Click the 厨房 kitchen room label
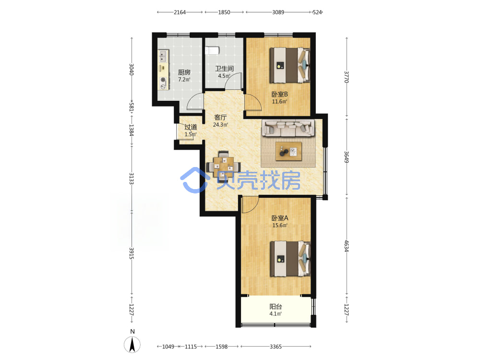(x=184, y=72)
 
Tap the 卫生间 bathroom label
(x=224, y=69)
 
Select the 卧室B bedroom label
(x=280, y=94)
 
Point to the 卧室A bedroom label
(x=280, y=218)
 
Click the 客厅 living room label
(x=220, y=117)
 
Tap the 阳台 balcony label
(x=276, y=306)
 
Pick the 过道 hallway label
(x=191, y=127)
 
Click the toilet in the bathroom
(x=212, y=50)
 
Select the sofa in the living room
(x=288, y=128)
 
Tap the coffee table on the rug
(x=288, y=151)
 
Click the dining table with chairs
(x=224, y=166)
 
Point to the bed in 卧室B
(x=290, y=65)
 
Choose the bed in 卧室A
(x=290, y=259)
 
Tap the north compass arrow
(x=132, y=344)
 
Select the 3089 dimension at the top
(x=278, y=12)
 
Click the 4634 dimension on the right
(x=347, y=246)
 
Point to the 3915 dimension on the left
(x=132, y=253)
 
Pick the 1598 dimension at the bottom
(x=222, y=347)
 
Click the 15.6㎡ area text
(x=280, y=225)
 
